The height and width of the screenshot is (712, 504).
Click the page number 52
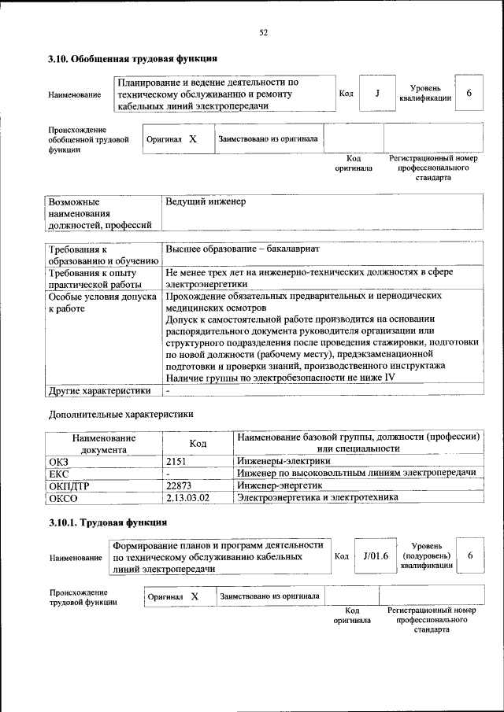coord(264,32)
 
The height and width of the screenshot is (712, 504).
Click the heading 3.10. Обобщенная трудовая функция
coord(132,59)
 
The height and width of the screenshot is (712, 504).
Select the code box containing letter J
coord(378,94)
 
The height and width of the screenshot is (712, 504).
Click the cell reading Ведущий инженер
coord(206,201)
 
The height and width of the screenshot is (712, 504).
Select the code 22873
coord(180,485)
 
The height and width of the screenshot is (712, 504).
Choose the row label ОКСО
coord(63,497)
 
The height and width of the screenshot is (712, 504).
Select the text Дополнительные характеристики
coord(120,413)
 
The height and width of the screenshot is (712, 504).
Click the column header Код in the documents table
coord(198,443)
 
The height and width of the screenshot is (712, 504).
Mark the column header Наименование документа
coord(104,443)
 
